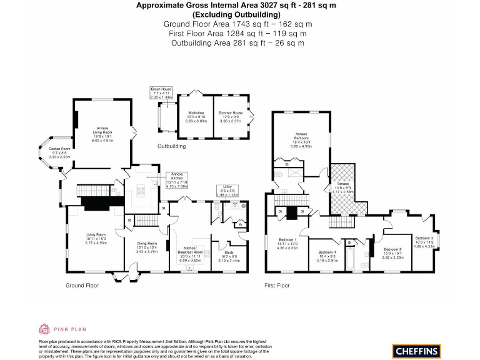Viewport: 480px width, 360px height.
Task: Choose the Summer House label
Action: pos(230,116)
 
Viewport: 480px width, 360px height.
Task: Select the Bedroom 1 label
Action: pos(288,244)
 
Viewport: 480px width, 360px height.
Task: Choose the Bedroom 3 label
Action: pos(425,241)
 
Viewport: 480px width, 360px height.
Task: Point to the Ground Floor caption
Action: pos(82,285)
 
